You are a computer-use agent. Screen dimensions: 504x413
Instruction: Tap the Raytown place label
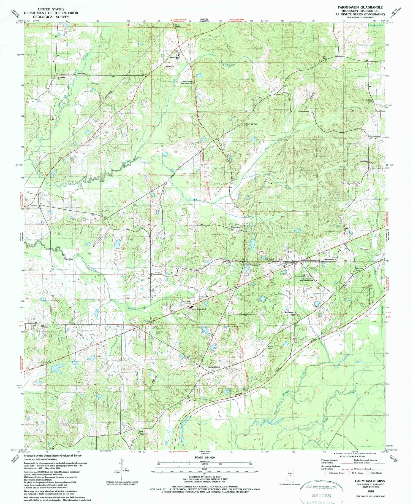(235, 227)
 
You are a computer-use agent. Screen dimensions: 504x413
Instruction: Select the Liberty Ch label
(170, 66)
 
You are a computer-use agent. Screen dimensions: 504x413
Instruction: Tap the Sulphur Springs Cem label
(250, 125)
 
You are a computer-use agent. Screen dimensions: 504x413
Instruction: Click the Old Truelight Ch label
(289, 312)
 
